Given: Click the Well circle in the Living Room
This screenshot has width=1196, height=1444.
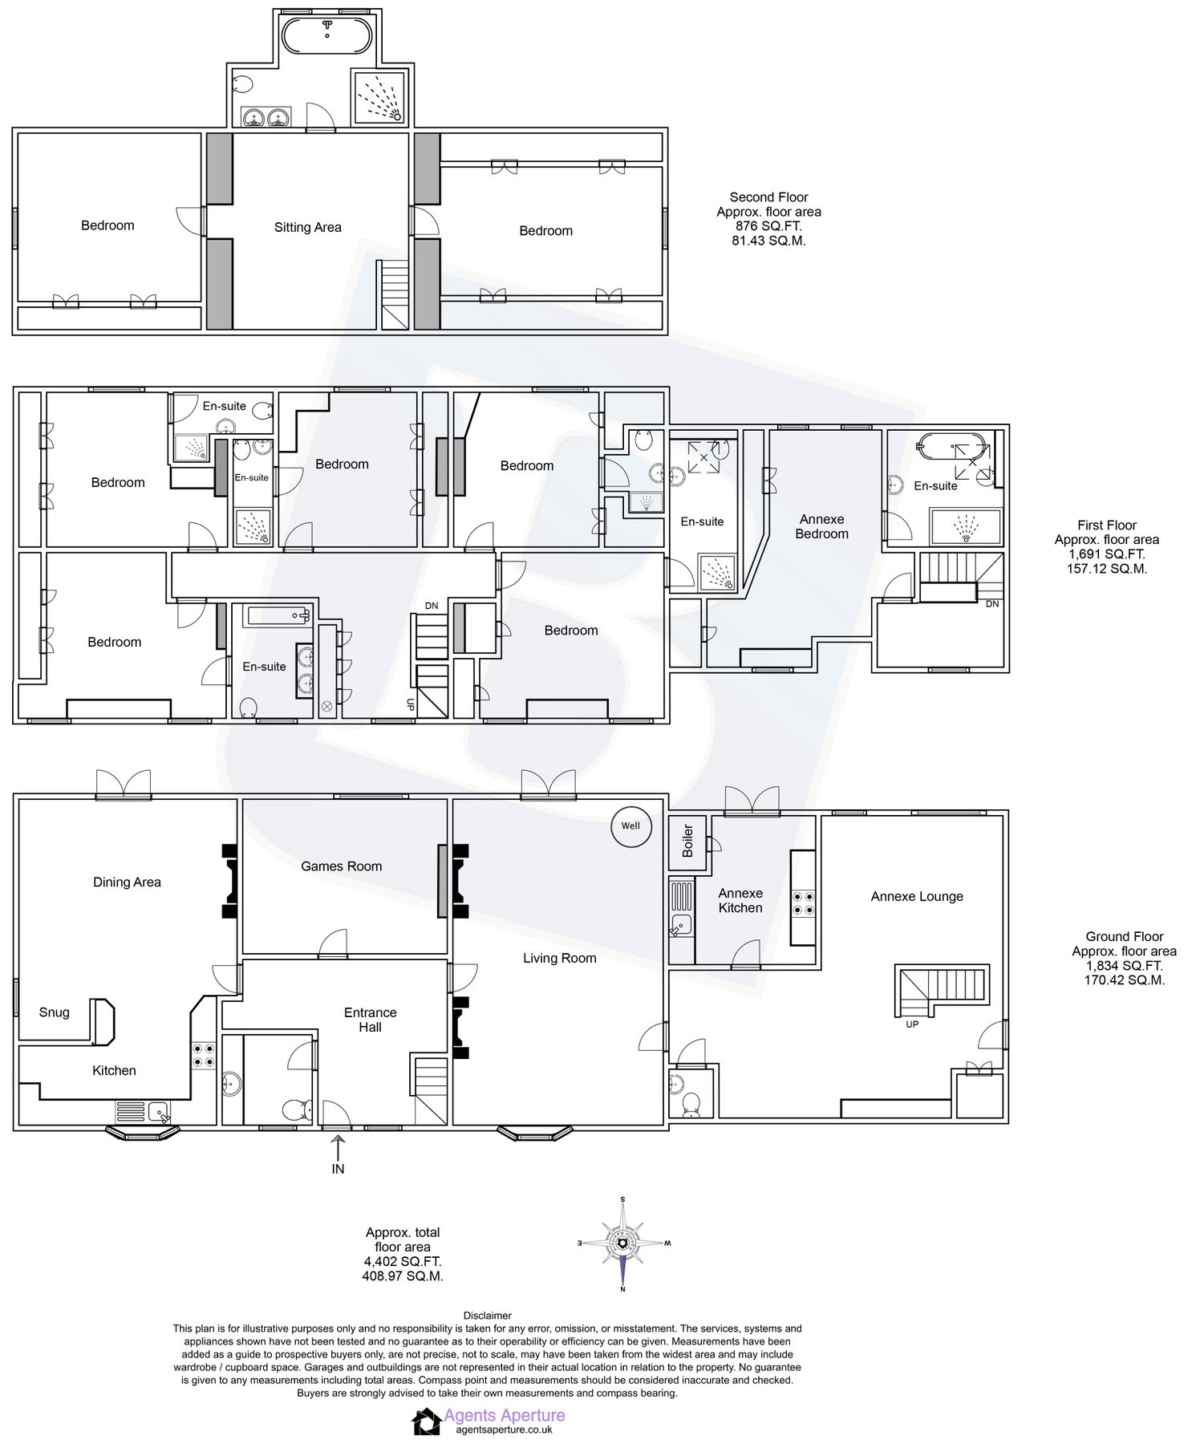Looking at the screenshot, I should [630, 825].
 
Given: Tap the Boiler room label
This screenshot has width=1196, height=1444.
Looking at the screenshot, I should [687, 841].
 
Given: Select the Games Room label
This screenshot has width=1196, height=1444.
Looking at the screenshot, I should [341, 866].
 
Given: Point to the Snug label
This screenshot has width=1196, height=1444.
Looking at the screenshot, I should [54, 1012].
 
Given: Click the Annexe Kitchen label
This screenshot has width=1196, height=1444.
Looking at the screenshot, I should [740, 900].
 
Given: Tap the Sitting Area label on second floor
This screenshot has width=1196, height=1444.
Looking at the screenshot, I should [307, 227].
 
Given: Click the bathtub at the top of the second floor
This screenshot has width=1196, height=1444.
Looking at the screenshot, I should [326, 35].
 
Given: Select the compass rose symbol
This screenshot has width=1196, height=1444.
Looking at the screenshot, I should [623, 1243].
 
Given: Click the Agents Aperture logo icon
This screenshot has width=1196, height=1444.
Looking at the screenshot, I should [426, 1422].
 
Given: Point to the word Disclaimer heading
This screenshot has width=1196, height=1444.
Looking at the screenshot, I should [487, 1316].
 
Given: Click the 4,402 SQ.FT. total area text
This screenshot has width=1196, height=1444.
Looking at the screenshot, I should [402, 1261].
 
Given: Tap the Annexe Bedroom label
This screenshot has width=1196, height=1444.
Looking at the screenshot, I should [821, 526].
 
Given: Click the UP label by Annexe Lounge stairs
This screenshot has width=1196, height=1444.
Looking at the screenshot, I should [912, 1024].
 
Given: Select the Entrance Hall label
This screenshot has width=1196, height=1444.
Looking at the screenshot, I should [370, 1020].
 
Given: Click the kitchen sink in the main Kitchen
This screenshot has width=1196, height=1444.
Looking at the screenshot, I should [157, 1113].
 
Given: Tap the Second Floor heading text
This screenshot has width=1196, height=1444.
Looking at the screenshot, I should [768, 197].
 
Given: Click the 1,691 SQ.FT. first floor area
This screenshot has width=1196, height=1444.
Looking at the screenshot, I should [1106, 554].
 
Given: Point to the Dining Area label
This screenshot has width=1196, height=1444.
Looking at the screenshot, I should [127, 882].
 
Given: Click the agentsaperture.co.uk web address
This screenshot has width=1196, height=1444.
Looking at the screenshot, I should [504, 1430].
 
